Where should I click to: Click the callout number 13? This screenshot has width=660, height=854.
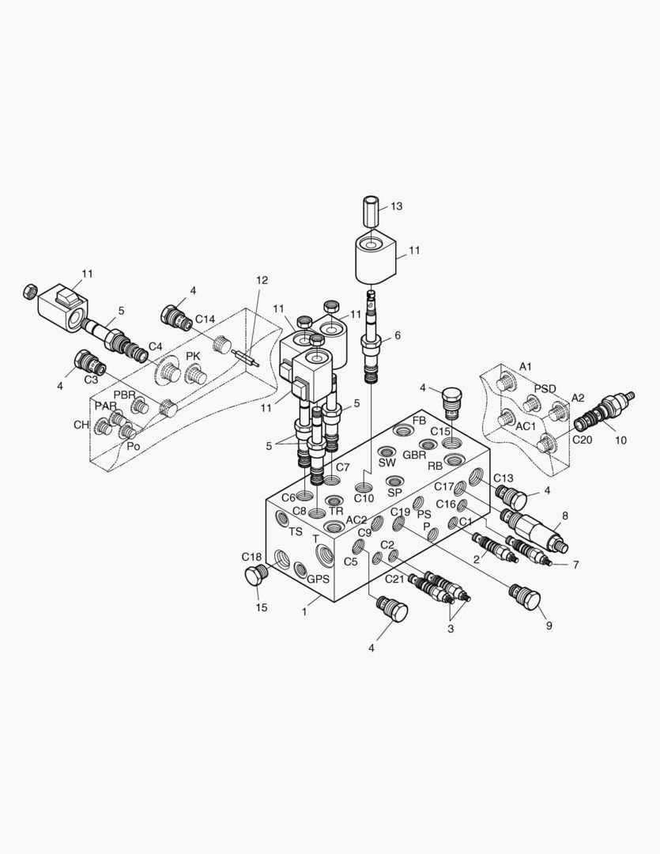click(397, 206)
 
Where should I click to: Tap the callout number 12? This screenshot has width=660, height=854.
click(262, 281)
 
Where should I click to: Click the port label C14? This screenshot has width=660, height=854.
click(206, 319)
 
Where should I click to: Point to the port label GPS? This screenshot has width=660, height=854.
click(318, 579)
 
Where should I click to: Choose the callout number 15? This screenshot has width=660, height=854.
click(262, 607)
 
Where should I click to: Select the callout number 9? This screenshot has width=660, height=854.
click(549, 625)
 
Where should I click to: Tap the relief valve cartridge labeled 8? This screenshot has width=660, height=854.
click(534, 529)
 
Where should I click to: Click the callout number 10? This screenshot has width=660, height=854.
click(620, 440)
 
